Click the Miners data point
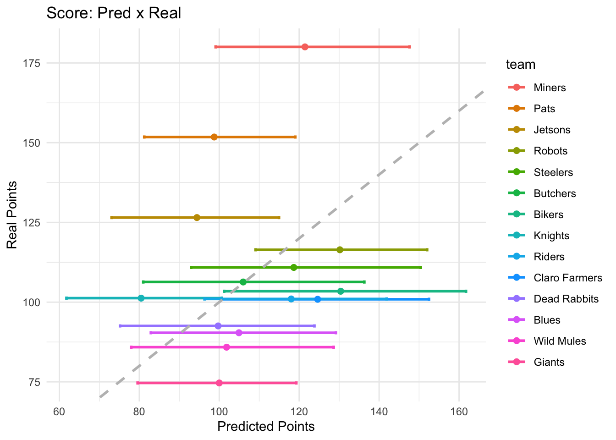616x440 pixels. (x=305, y=47)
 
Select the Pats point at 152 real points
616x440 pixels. (x=214, y=137)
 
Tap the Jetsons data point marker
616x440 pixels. (x=197, y=217)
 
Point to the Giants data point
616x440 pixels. (x=219, y=383)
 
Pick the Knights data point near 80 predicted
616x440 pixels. (x=141, y=298)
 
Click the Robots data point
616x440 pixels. (x=340, y=250)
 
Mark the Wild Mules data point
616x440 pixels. (x=226, y=347)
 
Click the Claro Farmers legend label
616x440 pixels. (x=568, y=278)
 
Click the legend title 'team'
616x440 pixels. (x=521, y=65)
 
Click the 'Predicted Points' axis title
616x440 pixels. (x=266, y=427)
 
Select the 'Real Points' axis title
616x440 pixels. (x=12, y=215)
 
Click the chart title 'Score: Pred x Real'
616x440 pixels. (x=114, y=13)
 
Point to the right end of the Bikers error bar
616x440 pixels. (x=466, y=291)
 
